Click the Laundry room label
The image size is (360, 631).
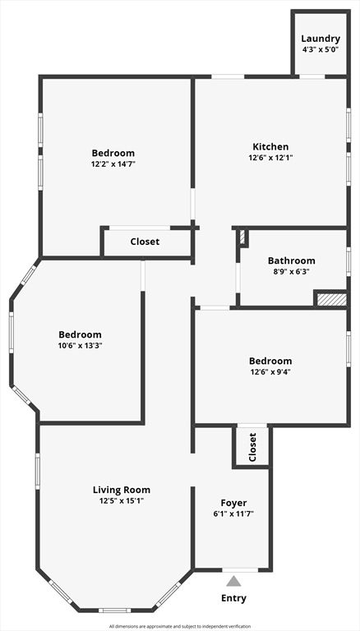[320, 39]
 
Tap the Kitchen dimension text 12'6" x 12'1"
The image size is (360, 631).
[270, 158]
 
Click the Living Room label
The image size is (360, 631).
[121, 490]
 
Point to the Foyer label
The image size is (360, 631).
[233, 503]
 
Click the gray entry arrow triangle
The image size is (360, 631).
[234, 582]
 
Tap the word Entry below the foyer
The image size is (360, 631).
[233, 598]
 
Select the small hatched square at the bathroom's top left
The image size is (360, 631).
[242, 237]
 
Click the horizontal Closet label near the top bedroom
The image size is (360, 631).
[145, 242]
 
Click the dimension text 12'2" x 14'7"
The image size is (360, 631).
[113, 164]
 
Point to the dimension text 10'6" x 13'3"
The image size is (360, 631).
[80, 346]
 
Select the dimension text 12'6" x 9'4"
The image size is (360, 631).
[270, 372]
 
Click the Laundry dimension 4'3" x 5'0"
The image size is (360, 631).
[320, 49]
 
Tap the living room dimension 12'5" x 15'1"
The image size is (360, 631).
[121, 501]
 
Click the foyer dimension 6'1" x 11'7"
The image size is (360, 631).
[233, 514]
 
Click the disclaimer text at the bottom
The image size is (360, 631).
[179, 626]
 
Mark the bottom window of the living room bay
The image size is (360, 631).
[115, 610]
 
